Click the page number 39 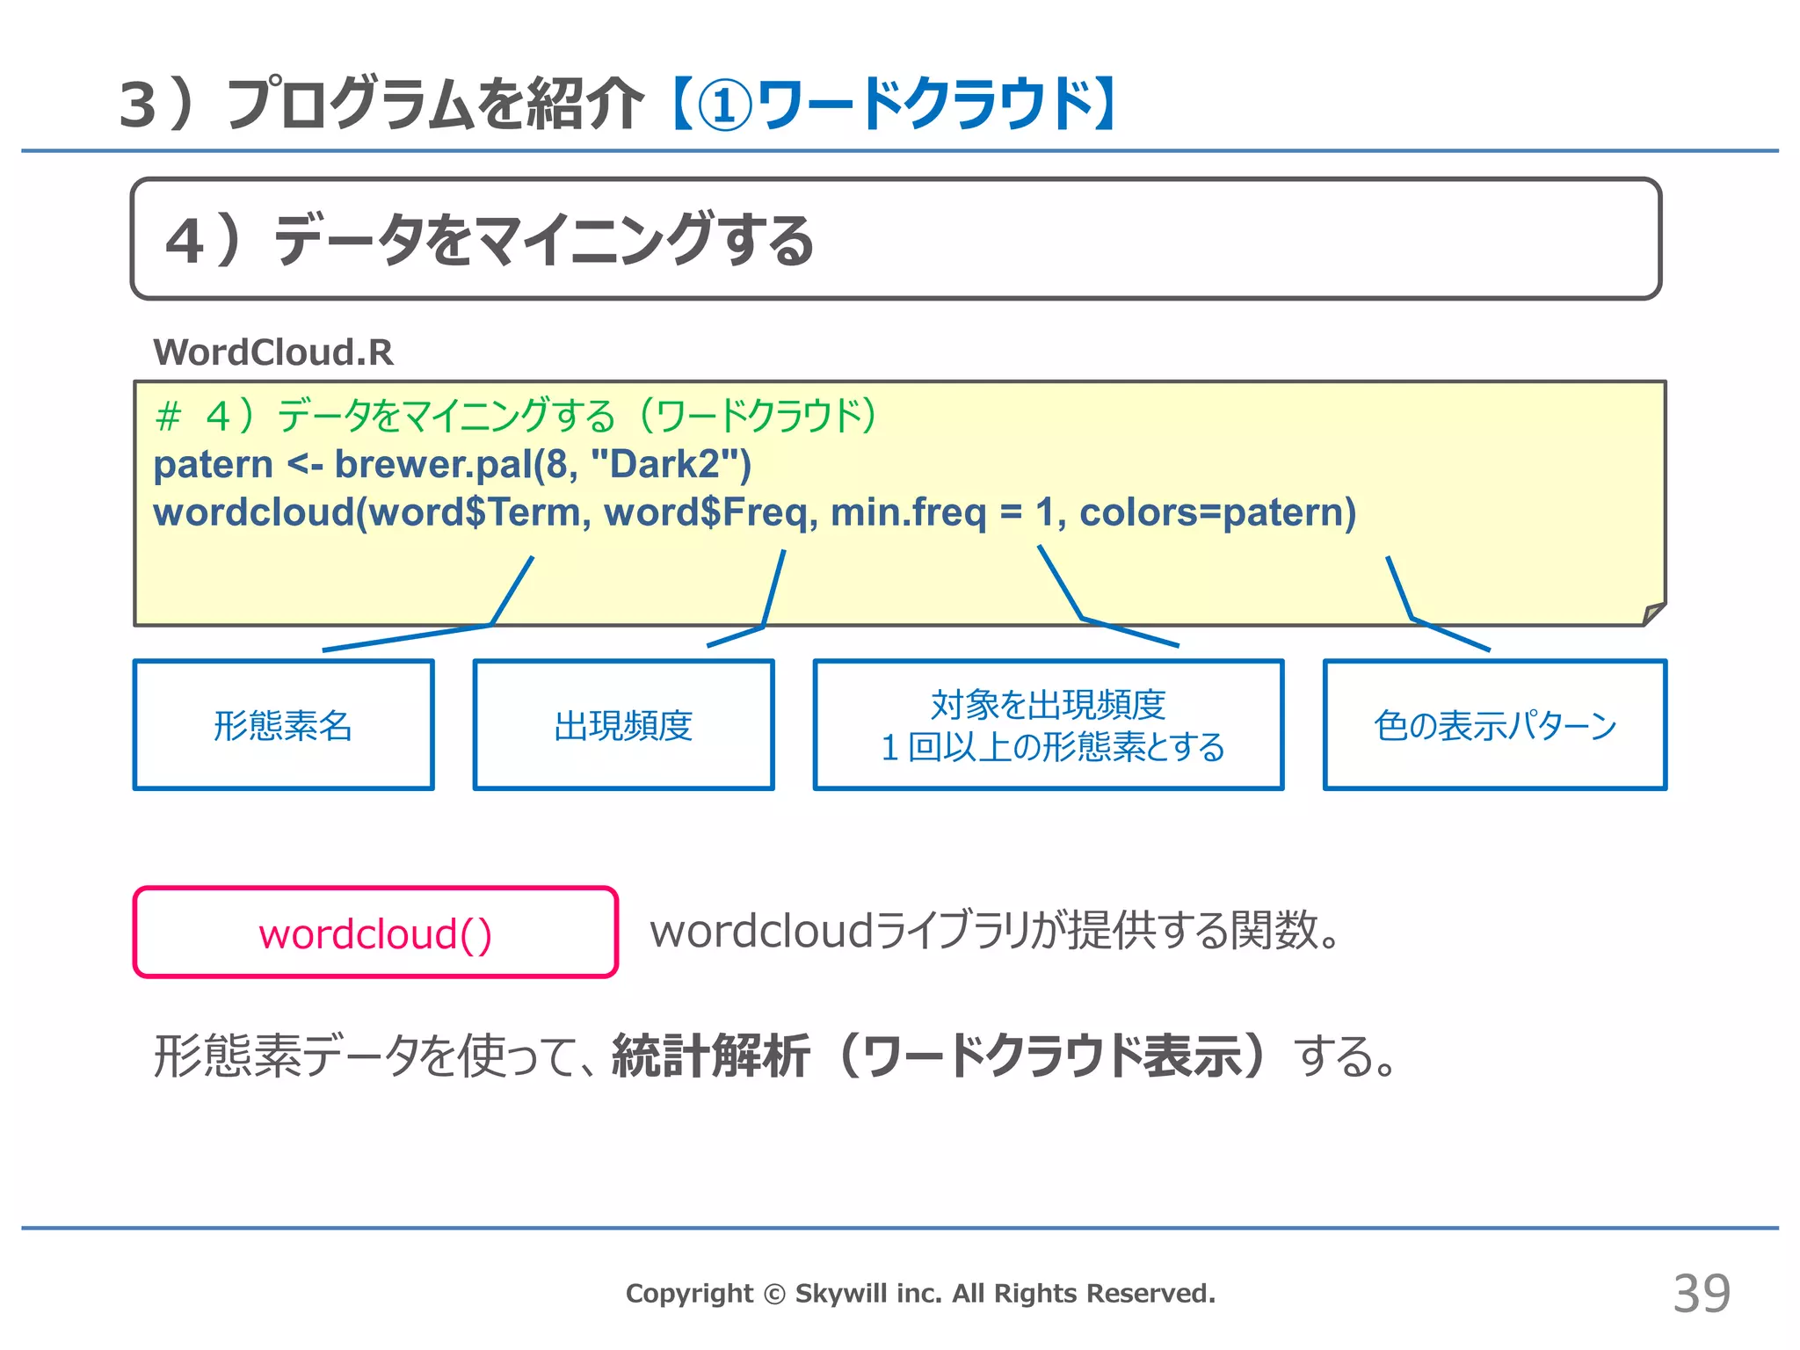coord(1701,1294)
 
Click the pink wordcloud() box coord(375,933)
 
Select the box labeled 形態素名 coord(283,725)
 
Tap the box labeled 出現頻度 coord(623,725)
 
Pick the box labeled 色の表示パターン coord(1494,725)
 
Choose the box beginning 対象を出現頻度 coord(1048,725)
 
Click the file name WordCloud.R coord(273,352)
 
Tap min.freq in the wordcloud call coord(908,512)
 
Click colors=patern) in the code coord(1218,512)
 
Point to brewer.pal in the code coord(433,464)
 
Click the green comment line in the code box coord(516,416)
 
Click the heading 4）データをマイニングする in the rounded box coord(490,240)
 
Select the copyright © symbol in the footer coord(773,1294)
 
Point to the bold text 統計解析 coord(710,1056)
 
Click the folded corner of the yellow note coord(1654,613)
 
